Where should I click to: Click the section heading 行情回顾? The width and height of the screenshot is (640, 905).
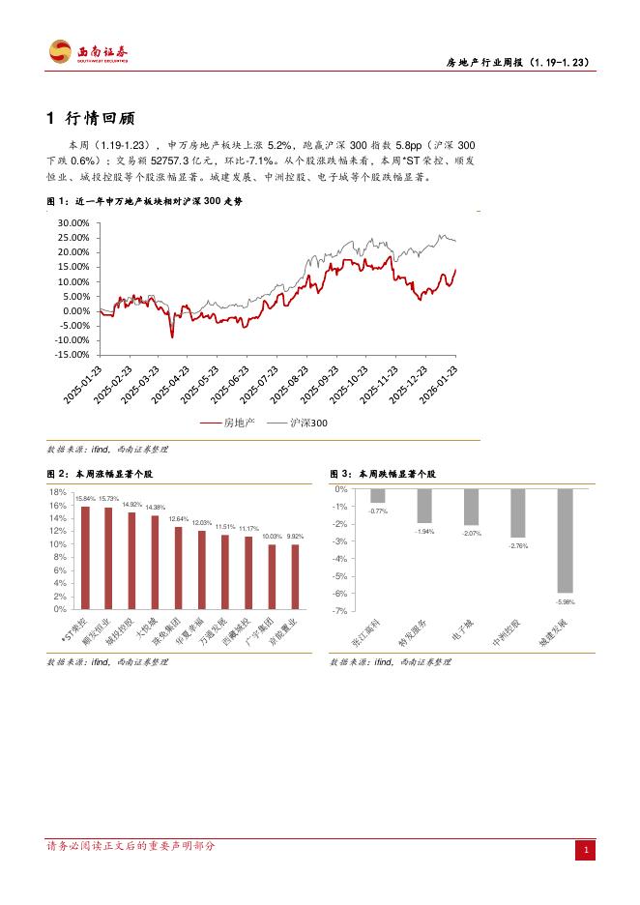point(92,119)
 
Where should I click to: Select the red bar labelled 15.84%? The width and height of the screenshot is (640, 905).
point(85,557)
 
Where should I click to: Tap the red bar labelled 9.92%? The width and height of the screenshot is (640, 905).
point(295,576)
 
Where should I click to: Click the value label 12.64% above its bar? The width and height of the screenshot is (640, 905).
point(178,519)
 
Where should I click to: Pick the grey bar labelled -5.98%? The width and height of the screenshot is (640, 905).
point(566,540)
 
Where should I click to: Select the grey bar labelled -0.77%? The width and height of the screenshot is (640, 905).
point(378,496)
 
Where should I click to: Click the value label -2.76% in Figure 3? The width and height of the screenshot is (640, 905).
point(518,546)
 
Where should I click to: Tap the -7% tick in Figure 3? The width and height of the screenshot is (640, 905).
point(340,611)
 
